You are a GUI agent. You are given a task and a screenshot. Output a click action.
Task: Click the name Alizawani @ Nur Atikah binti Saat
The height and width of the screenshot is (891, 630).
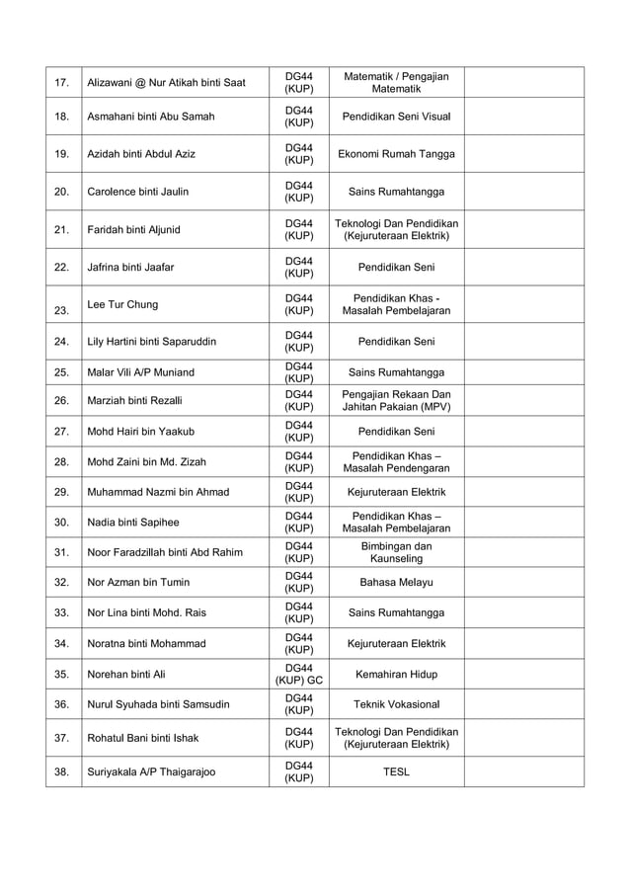click(x=166, y=82)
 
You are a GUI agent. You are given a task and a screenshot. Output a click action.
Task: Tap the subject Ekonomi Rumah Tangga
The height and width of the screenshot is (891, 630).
click(x=396, y=154)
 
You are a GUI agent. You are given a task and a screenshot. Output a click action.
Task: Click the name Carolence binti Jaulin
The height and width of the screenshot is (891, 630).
click(x=138, y=192)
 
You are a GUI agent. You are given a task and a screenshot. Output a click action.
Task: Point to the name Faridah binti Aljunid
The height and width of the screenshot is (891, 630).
click(x=134, y=230)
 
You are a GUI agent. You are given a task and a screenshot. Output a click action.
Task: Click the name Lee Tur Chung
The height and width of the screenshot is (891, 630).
click(x=122, y=304)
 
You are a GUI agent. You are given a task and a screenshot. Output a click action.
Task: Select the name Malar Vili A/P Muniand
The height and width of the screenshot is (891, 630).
click(x=141, y=372)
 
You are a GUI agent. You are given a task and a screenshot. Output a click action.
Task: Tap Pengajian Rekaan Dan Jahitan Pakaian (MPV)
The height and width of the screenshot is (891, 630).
click(x=396, y=401)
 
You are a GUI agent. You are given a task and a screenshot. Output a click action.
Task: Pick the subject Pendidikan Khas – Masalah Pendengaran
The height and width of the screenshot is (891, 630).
click(x=396, y=461)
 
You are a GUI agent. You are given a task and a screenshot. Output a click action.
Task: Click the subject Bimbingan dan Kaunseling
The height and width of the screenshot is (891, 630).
click(x=396, y=552)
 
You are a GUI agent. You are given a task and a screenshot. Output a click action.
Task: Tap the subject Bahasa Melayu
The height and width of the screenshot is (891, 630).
click(x=396, y=583)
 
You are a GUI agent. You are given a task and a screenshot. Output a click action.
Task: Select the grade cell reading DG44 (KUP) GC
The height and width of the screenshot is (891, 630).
click(x=299, y=674)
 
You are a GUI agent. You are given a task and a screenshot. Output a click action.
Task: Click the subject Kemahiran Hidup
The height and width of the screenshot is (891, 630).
click(x=396, y=674)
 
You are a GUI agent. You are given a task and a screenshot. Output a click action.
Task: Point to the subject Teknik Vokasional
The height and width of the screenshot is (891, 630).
click(x=396, y=704)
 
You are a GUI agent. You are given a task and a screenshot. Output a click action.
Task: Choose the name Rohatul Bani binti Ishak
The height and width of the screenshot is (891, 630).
click(x=143, y=738)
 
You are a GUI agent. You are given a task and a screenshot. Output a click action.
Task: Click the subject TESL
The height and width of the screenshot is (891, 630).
click(x=396, y=771)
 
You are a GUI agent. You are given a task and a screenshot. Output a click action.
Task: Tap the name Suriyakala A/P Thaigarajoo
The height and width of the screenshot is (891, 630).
click(x=151, y=771)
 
